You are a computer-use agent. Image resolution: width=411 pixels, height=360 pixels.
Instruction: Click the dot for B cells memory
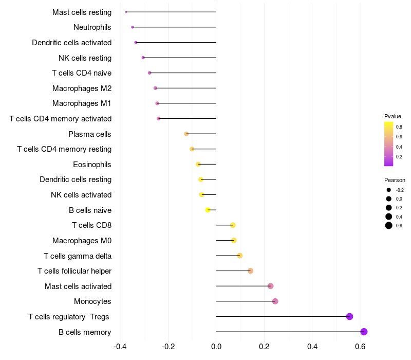click(364, 332)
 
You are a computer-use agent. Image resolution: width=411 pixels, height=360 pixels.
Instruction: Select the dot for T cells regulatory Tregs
click(349, 316)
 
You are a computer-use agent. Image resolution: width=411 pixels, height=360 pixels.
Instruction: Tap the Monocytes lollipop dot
click(275, 301)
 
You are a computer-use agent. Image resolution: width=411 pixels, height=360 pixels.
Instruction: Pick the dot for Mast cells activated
click(271, 286)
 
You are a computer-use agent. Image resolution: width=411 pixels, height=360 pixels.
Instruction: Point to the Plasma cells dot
click(186, 134)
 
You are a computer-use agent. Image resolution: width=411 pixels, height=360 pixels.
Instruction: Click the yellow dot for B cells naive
click(208, 210)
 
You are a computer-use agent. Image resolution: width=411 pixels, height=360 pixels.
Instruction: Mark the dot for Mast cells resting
click(126, 12)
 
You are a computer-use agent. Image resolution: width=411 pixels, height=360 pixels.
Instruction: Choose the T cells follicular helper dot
click(251, 271)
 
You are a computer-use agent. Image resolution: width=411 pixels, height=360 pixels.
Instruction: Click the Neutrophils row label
click(92, 27)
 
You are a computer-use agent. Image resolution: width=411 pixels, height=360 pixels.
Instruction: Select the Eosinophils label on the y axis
click(92, 165)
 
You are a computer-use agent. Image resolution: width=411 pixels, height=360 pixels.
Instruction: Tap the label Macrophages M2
click(82, 88)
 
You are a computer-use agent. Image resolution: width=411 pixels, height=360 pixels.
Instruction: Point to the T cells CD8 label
click(92, 225)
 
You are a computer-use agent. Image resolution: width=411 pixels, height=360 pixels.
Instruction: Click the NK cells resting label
click(85, 58)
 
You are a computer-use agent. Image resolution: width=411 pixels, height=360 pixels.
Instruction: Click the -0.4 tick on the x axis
click(120, 347)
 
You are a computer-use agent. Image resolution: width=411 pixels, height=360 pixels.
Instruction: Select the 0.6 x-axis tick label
click(360, 347)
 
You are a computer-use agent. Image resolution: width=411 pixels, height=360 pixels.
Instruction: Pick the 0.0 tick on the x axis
click(216, 347)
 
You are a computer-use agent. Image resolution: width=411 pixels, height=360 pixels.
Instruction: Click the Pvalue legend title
click(393, 116)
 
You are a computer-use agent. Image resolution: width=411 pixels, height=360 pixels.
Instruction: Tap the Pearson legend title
click(395, 180)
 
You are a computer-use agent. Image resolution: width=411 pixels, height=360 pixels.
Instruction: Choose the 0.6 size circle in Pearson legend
click(389, 225)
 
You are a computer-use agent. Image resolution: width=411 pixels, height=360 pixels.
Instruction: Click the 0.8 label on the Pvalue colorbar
click(399, 127)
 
